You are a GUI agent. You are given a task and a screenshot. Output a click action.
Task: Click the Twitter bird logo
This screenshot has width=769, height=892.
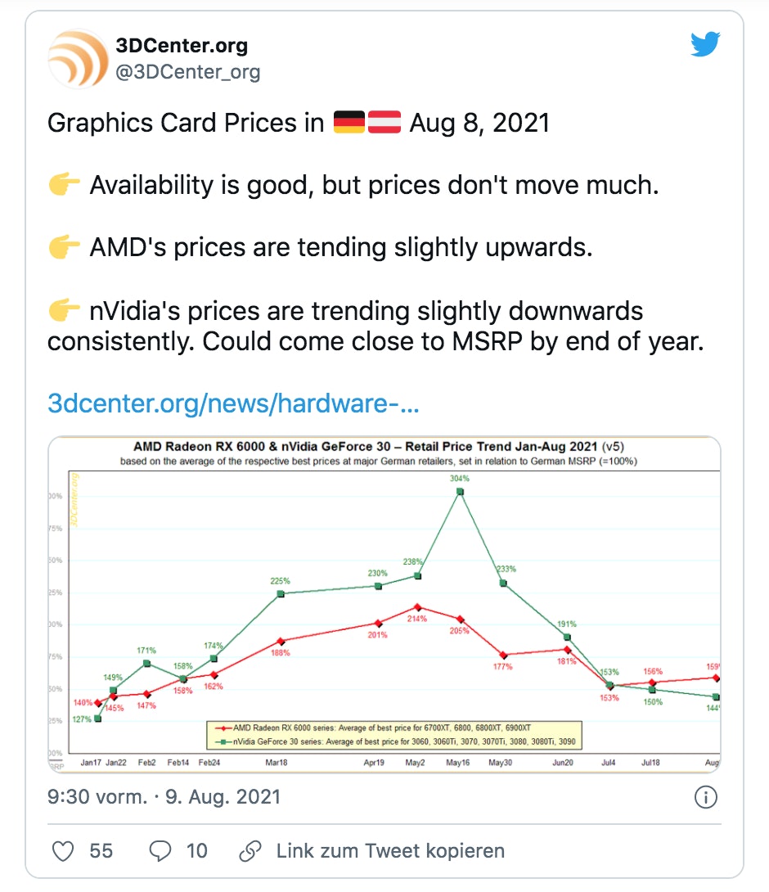(705, 44)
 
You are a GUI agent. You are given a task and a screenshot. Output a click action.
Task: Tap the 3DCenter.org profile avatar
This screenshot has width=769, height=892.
(78, 58)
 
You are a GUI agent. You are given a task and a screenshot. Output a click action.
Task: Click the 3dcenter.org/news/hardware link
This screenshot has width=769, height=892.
(233, 403)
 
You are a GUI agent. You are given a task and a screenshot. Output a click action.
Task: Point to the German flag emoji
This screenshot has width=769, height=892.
(350, 124)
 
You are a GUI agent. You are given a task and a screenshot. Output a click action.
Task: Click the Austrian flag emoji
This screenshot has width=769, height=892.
(384, 124)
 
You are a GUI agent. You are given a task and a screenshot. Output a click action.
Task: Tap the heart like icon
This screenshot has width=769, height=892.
(63, 851)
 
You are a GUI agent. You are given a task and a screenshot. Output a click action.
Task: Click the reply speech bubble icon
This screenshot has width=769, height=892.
(160, 851)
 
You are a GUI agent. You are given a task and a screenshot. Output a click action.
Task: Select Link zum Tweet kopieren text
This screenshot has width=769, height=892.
(389, 851)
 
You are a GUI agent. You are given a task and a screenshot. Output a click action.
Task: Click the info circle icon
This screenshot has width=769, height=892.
(705, 797)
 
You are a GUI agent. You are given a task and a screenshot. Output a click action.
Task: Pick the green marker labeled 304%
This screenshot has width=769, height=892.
(460, 492)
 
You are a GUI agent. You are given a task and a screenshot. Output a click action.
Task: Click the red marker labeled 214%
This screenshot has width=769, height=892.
(417, 607)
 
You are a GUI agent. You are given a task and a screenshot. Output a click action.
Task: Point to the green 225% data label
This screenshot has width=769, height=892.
(280, 581)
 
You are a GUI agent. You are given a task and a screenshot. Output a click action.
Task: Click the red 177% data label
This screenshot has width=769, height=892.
(502, 667)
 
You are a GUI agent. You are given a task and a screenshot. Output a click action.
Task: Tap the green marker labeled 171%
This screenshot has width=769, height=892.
(147, 663)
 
